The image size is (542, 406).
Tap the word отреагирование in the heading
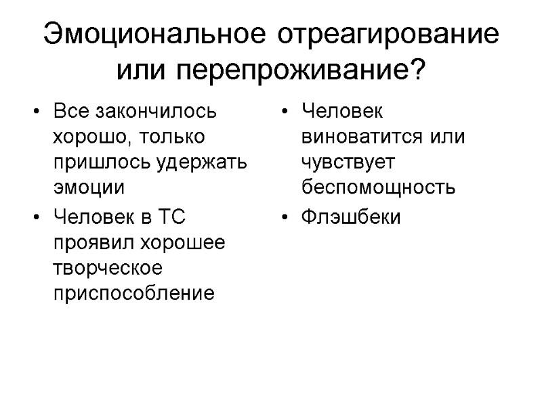tap(388, 35)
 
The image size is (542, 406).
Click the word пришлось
tap(88, 162)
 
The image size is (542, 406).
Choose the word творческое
tap(108, 268)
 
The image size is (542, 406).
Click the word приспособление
tap(133, 294)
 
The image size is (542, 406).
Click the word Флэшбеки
tap(351, 217)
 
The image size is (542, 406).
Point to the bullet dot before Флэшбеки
tap(287, 218)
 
